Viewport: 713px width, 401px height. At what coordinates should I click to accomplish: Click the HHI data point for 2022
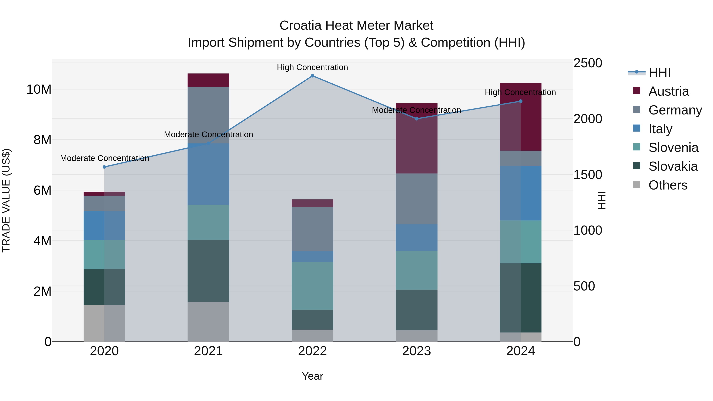click(x=313, y=76)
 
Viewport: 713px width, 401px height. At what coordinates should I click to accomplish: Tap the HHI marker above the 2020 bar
click(x=104, y=167)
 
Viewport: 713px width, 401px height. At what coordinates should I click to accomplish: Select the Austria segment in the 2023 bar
click(x=416, y=138)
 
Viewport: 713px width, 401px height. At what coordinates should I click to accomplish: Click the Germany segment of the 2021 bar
click(x=208, y=115)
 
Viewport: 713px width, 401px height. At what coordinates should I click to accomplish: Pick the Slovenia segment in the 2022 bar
click(x=313, y=286)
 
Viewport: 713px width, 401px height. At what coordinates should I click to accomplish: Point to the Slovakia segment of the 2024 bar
click(x=520, y=298)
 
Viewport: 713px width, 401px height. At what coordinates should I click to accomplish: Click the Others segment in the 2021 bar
click(x=208, y=322)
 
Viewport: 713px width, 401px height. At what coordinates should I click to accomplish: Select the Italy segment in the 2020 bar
click(x=104, y=226)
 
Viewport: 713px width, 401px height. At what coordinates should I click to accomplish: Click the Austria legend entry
click(x=668, y=91)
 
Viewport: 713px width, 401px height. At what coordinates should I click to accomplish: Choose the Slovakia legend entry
click(x=673, y=166)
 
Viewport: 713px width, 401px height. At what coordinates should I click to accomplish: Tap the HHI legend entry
click(x=659, y=72)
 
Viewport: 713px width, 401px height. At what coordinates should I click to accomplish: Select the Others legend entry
click(x=668, y=185)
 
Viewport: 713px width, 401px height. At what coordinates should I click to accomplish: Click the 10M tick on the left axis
click(x=39, y=89)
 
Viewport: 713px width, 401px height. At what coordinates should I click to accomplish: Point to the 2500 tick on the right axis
click(x=588, y=63)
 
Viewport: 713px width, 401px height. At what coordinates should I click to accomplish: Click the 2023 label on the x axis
click(x=416, y=351)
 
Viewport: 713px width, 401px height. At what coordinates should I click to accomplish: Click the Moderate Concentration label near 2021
click(x=208, y=134)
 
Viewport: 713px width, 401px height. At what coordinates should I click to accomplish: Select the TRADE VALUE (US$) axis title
click(x=6, y=200)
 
